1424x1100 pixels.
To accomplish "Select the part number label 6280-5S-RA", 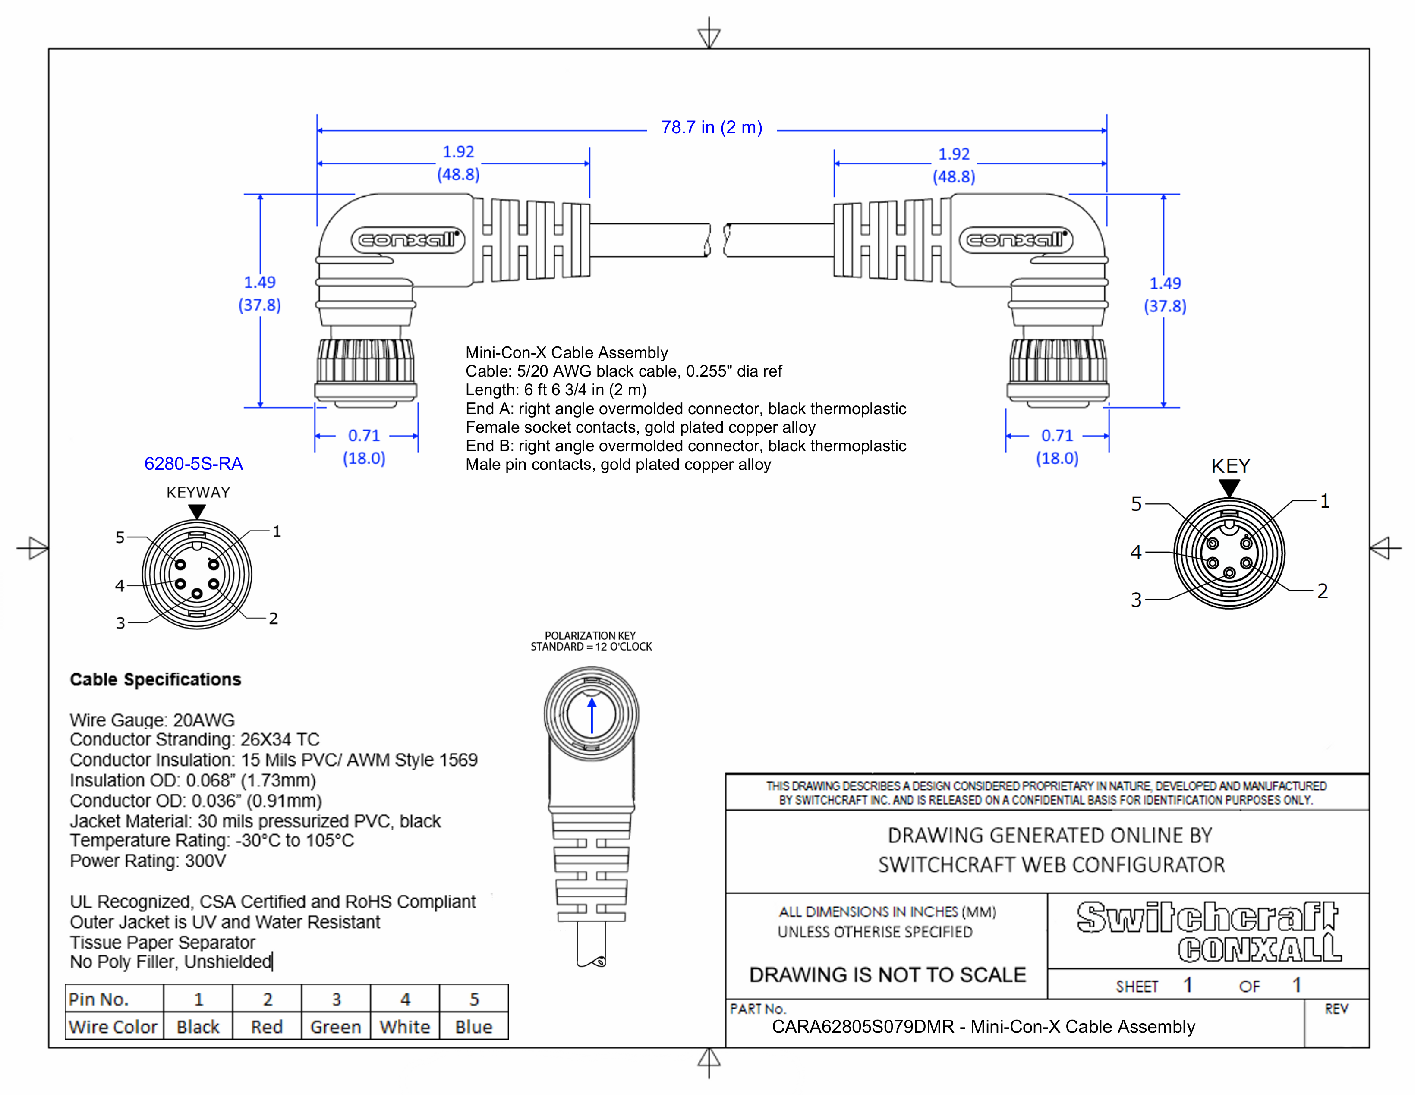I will click(194, 464).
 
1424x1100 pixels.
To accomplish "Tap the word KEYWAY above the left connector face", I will click(198, 493).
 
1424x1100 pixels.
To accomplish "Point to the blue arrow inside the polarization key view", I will click(592, 716).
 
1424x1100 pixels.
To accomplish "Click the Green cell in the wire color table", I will click(336, 1027).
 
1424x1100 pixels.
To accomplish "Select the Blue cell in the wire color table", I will click(473, 1027).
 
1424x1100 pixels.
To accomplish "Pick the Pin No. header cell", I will click(99, 999).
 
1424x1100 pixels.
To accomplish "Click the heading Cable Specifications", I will click(155, 680).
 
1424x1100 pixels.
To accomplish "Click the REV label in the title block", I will click(1336, 1009).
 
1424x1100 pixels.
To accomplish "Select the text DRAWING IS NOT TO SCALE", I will click(887, 975).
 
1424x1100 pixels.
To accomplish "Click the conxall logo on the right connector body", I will click(1016, 240).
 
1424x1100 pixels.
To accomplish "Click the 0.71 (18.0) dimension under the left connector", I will click(364, 447).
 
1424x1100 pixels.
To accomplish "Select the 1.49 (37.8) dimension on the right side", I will click(1165, 295).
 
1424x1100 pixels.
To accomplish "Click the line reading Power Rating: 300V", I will click(148, 861).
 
